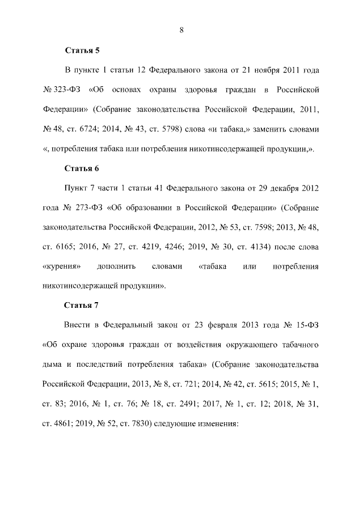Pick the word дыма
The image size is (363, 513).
(x=54, y=364)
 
